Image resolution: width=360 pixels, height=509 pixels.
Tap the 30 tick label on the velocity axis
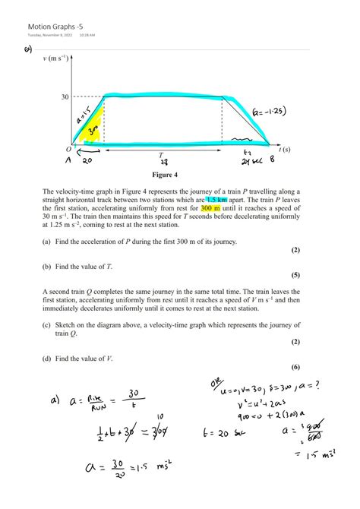pyautogui.click(x=65, y=96)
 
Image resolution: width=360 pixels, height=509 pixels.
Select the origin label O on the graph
pyautogui.click(x=68, y=150)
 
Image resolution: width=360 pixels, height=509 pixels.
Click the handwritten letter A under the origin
pyautogui.click(x=68, y=162)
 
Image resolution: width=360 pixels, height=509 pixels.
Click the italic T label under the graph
pyautogui.click(x=161, y=154)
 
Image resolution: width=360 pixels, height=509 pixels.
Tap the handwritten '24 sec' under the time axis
pyautogui.click(x=251, y=162)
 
